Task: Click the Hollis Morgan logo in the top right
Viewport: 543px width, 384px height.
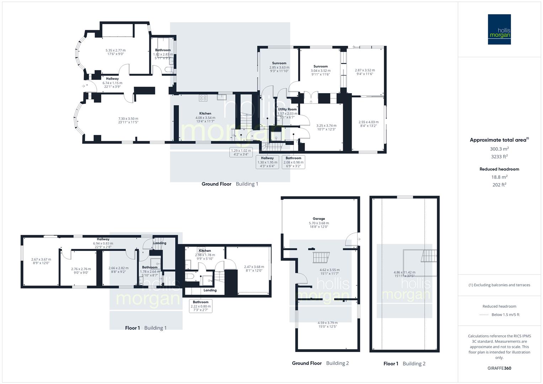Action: [499, 29]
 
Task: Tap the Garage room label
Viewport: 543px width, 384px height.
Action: [319, 219]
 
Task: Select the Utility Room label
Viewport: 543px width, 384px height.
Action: [287, 109]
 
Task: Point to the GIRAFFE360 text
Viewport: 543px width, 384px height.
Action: [499, 368]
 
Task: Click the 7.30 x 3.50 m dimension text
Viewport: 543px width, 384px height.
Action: [128, 119]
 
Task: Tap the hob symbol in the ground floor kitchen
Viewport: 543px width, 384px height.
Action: [203, 98]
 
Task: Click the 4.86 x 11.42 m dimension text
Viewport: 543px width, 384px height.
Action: [404, 272]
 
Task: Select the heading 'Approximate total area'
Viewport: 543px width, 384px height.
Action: [499, 140]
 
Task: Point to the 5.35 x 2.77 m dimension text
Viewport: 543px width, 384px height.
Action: [115, 50]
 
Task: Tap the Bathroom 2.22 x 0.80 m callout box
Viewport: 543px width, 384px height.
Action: [201, 306]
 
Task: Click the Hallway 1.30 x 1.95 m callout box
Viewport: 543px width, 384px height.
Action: [267, 162]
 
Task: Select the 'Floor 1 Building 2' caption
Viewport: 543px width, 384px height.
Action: [404, 363]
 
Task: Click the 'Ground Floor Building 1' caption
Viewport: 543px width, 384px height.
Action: [230, 184]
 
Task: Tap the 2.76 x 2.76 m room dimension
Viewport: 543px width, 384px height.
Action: [81, 269]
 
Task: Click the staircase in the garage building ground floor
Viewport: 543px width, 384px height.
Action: [321, 257]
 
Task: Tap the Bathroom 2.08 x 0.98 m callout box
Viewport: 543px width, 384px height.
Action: [293, 162]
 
